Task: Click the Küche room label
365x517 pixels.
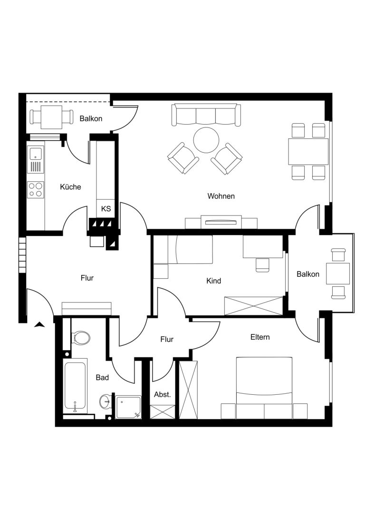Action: [x=70, y=187]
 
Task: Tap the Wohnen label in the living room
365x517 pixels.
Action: [x=221, y=196]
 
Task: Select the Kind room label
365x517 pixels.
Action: [x=213, y=281]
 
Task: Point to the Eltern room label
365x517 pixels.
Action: [x=260, y=337]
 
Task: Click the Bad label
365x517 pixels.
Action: [x=102, y=378]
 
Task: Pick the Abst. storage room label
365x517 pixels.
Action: [x=163, y=394]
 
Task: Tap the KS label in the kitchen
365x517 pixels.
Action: [x=106, y=209]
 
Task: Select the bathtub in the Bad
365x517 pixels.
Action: [x=75, y=386]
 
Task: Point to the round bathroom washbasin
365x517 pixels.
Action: [x=106, y=401]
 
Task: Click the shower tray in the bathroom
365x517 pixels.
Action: [x=128, y=407]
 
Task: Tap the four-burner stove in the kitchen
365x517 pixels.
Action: [x=35, y=190]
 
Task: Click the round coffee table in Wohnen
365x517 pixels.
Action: [x=206, y=140]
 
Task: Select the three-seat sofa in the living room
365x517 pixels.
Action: [x=206, y=115]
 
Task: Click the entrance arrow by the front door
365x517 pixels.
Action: [x=40, y=325]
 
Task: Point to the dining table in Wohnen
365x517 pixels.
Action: [x=308, y=152]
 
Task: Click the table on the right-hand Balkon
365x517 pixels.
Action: [x=338, y=273]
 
